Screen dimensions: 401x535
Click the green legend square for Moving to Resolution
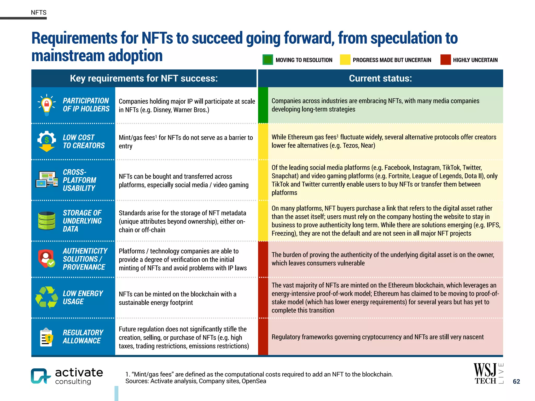coord(267,60)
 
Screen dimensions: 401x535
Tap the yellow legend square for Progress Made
coord(345,60)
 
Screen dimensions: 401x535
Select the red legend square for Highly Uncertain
coord(445,60)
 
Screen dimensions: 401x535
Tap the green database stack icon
coord(47,221)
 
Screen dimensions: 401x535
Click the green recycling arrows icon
coord(47,297)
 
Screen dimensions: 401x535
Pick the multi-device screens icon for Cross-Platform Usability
coord(47,180)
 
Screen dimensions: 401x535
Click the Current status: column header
coord(380,78)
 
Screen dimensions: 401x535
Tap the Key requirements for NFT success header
coord(144,78)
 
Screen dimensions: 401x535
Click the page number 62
coord(516,381)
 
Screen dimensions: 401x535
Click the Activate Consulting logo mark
coord(40,376)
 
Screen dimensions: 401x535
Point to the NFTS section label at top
coord(39,13)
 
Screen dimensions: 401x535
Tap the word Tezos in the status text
coord(351,145)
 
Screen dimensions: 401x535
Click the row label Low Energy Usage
coord(83,297)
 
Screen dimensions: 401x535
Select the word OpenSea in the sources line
coord(254,381)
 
